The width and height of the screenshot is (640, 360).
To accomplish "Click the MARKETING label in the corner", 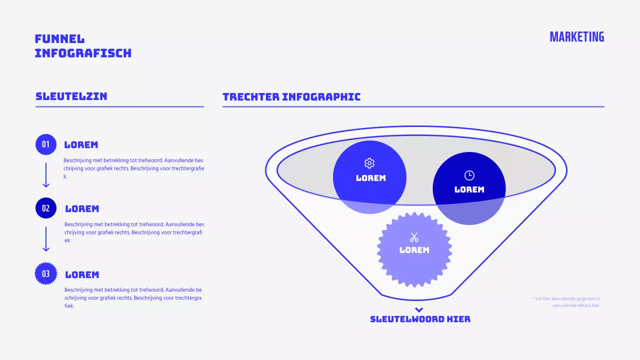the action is click(576, 37).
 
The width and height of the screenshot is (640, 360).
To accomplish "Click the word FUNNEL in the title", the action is click(59, 39).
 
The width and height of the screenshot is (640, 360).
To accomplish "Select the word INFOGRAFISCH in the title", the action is click(83, 53).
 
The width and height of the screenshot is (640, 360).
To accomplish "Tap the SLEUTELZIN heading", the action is click(71, 96).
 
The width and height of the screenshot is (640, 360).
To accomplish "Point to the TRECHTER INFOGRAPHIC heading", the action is click(291, 97).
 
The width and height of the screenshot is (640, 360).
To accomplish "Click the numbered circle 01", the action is click(46, 144).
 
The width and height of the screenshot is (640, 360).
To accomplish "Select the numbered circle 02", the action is click(46, 208).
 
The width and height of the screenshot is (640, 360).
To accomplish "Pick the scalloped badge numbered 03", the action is click(46, 273).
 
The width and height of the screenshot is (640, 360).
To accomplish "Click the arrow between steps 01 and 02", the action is click(46, 175).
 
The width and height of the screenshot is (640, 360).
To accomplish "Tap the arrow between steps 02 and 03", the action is click(46, 239).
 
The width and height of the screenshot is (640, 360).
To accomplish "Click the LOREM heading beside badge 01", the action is click(81, 145).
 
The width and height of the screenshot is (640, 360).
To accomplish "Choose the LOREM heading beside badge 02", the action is click(82, 209).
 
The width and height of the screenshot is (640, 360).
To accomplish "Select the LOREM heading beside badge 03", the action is click(82, 275).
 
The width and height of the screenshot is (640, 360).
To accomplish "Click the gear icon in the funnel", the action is click(369, 163).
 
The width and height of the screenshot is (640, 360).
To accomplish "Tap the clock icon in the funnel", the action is click(469, 175).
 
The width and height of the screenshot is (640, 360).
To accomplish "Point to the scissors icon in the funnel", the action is click(414, 237).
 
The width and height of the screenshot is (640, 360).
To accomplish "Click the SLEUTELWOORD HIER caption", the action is click(420, 319).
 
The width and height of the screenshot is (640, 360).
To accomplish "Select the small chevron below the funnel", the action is click(419, 309).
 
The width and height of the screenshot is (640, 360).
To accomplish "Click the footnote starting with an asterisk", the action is click(566, 302).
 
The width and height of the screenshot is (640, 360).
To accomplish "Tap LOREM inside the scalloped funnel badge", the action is click(414, 250).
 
